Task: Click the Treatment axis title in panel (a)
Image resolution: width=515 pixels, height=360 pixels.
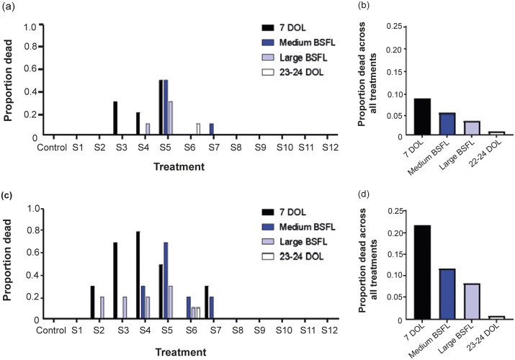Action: pyautogui.click(x=179, y=166)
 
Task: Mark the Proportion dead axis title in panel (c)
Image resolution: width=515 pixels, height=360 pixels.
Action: pyautogui.click(x=12, y=264)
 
